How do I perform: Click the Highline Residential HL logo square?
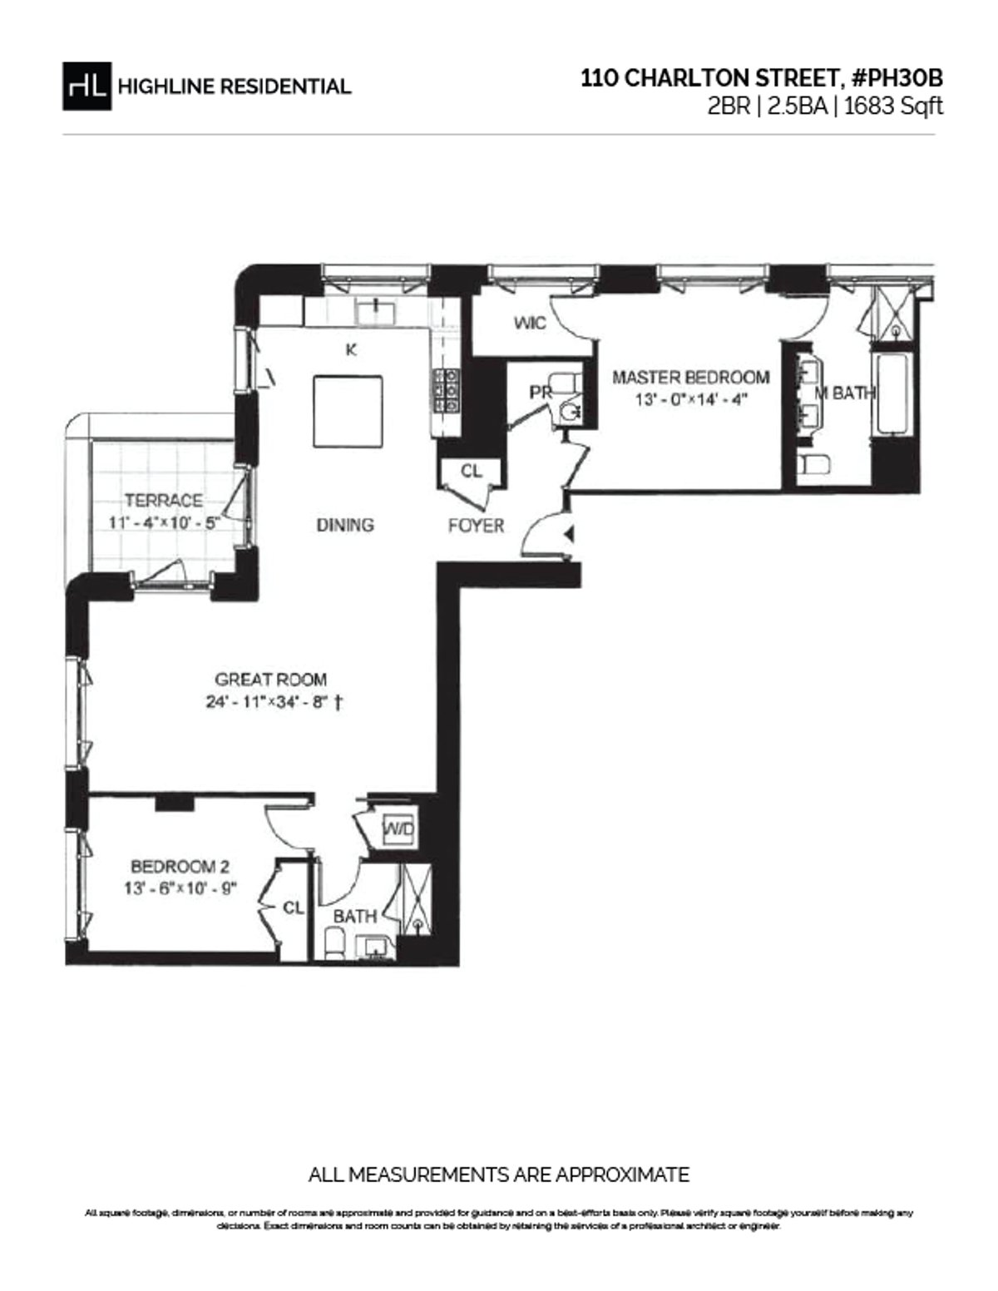(x=86, y=86)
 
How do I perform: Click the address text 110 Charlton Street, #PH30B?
(x=762, y=78)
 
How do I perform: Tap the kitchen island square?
(x=348, y=411)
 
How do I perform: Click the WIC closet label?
(x=530, y=323)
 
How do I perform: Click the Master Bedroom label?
(x=690, y=377)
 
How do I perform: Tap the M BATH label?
(x=843, y=393)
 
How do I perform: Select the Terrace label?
(x=164, y=500)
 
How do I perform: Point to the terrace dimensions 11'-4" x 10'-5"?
(x=164, y=522)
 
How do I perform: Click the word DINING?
(x=344, y=525)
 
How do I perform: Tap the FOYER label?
(x=476, y=526)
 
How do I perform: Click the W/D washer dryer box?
(x=398, y=829)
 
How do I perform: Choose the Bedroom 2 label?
(x=180, y=867)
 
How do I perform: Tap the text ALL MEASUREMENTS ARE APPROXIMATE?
(x=498, y=1175)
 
